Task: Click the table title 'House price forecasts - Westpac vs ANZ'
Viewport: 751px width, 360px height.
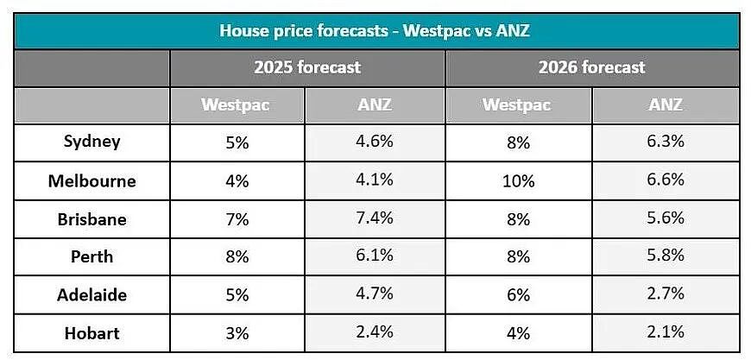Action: [375, 31]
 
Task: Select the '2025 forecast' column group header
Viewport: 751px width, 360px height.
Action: [307, 67]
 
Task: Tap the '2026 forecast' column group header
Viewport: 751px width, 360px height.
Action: [592, 67]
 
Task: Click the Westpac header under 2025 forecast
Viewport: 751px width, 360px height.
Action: [235, 104]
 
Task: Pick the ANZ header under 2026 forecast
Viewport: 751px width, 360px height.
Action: [666, 104]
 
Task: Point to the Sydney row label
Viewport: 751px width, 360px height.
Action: [92, 142]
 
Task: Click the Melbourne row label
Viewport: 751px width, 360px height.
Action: [92, 181]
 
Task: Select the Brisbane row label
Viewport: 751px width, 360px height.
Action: [92, 219]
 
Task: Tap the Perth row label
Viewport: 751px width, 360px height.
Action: [92, 256]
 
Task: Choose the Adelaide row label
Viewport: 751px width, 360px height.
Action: [92, 294]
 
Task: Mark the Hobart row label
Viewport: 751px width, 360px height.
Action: [92, 332]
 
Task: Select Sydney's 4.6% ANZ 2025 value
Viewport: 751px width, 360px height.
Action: [375, 142]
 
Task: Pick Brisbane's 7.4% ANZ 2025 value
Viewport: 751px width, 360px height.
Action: [375, 218]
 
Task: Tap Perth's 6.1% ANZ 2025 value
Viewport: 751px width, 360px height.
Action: [375, 256]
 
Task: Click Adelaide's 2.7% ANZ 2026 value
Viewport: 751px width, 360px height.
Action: [666, 293]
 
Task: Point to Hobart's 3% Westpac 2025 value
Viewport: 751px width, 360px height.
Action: [237, 333]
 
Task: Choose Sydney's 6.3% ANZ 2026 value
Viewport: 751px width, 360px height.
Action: [666, 142]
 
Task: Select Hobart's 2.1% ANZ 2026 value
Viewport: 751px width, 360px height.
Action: [666, 332]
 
